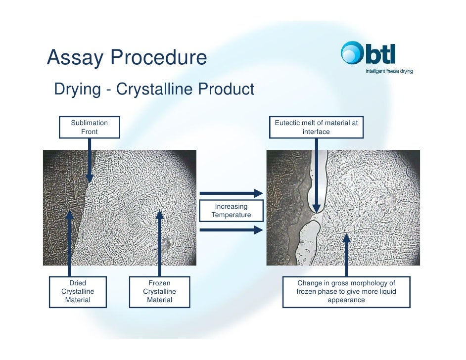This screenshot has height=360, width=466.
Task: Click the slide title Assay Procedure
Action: pos(127,58)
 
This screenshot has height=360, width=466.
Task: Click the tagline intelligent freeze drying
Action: pos(389,71)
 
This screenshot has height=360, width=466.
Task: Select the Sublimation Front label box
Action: pos(89,127)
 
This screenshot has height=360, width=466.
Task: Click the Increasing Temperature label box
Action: pos(231,211)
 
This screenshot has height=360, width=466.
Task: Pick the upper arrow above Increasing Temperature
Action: pos(231,193)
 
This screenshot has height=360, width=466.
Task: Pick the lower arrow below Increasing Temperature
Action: pos(231,229)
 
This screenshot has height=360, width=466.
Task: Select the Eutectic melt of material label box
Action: pos(316,127)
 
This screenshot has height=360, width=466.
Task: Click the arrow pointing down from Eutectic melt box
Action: pos(316,173)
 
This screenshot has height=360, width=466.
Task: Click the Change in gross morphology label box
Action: pos(346,292)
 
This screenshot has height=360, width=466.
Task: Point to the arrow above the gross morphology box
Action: pos(346,255)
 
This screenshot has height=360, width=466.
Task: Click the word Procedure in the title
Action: pos(159,58)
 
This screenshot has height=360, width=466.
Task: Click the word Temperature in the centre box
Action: pos(231,215)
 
